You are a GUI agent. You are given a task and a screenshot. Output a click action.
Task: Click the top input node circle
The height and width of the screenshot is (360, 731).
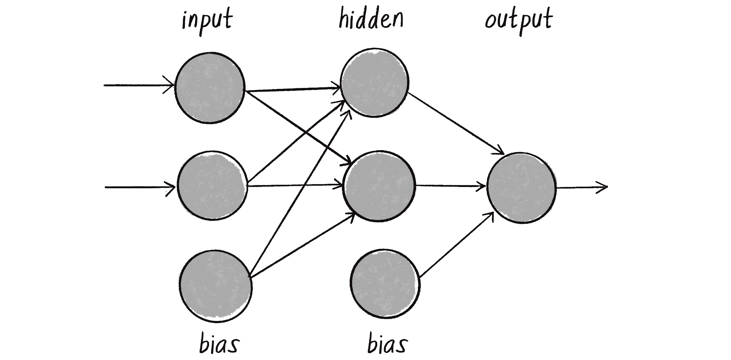tap(210, 88)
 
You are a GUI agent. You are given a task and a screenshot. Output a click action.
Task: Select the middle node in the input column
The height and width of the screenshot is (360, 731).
tap(212, 186)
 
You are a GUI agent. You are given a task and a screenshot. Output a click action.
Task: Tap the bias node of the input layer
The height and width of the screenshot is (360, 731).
tap(215, 286)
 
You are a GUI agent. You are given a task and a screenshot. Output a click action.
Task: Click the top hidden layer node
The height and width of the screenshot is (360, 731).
tap(374, 83)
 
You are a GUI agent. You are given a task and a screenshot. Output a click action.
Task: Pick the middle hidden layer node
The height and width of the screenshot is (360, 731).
tap(379, 186)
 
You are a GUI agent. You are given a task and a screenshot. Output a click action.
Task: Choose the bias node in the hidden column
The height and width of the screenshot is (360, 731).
tap(385, 283)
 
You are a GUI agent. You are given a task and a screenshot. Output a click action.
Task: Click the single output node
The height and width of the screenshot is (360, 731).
tap(521, 188)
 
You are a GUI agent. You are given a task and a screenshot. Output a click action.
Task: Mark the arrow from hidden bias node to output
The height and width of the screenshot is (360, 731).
tap(457, 245)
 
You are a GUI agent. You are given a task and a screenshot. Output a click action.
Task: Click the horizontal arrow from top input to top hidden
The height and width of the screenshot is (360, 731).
tap(292, 90)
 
